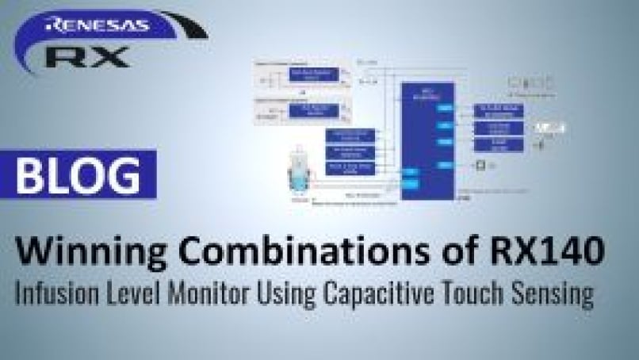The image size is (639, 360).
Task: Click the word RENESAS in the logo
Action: click(x=98, y=25)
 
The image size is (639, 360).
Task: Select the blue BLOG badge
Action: click(x=78, y=174)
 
